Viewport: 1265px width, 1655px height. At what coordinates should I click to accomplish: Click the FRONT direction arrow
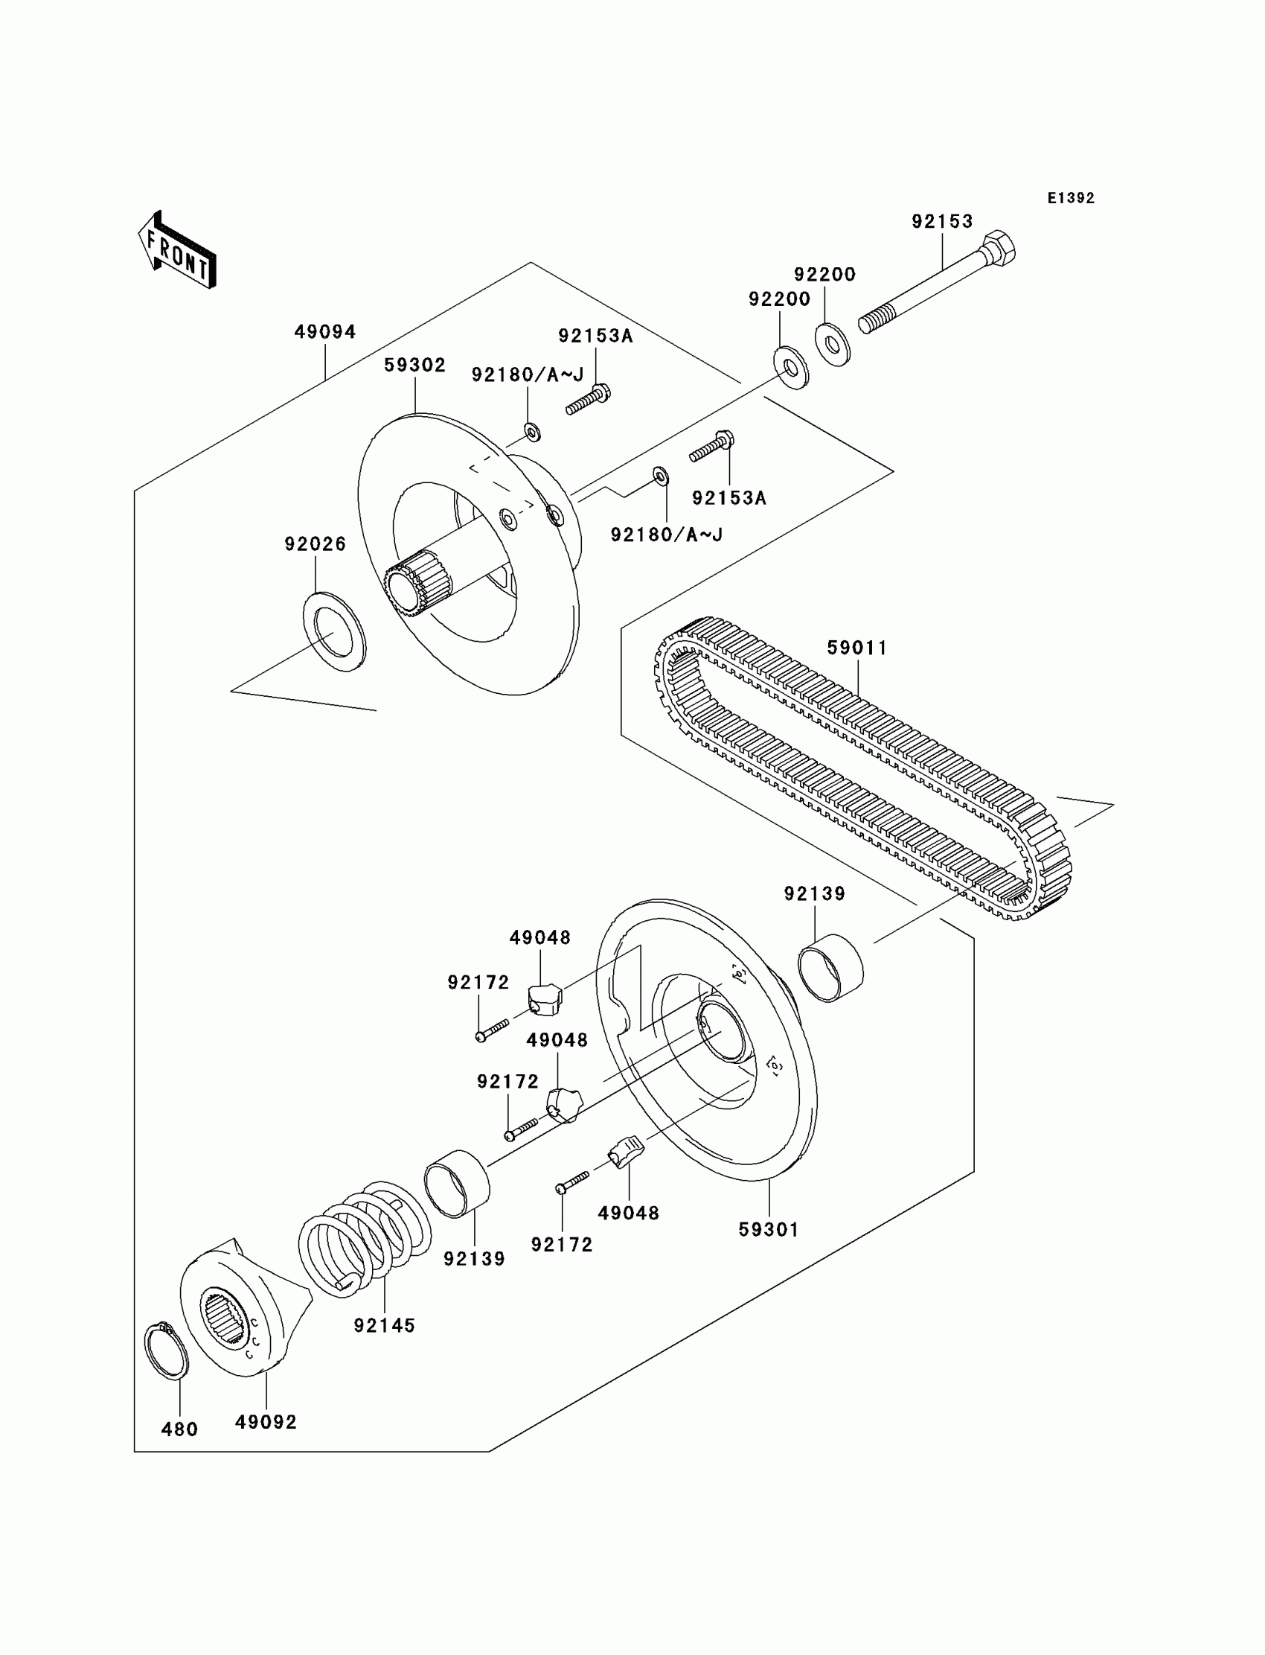click(x=178, y=252)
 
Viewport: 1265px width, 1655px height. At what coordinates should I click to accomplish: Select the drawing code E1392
click(x=1071, y=198)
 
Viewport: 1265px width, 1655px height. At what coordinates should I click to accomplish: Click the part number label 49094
click(x=324, y=332)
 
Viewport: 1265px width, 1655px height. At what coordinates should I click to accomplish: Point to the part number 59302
click(x=415, y=366)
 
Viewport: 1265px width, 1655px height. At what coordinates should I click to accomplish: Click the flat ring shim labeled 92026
click(x=334, y=632)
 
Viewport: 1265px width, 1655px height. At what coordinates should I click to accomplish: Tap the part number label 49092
click(x=266, y=1422)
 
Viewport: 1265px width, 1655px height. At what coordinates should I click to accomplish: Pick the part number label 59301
click(x=768, y=1229)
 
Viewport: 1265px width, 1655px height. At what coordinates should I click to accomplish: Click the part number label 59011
click(x=857, y=648)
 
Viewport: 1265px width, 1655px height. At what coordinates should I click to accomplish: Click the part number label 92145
click(x=384, y=1326)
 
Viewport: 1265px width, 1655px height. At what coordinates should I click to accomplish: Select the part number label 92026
click(x=315, y=544)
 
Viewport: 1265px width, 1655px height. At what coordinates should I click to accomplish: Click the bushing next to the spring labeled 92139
click(x=457, y=1184)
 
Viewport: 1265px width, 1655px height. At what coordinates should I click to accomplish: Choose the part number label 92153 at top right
click(x=942, y=221)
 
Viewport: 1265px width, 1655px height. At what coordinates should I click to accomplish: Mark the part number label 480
click(x=179, y=1429)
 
